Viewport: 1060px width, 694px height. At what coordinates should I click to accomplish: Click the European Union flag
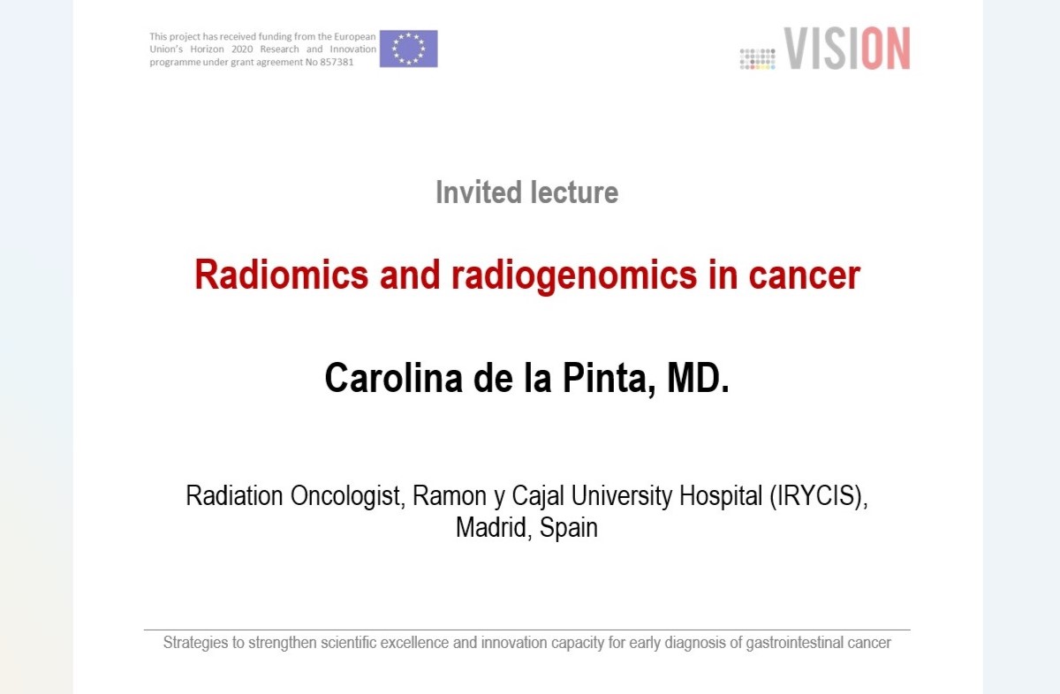(x=408, y=49)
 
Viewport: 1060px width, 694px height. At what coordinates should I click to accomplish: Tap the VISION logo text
(x=847, y=49)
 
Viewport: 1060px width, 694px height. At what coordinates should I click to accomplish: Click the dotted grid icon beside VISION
(x=758, y=59)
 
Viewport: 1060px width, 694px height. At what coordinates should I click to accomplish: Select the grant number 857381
(x=337, y=62)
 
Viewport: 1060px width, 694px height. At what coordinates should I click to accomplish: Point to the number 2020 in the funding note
(x=242, y=49)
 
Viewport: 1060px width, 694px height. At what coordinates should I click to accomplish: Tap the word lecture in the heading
(x=574, y=192)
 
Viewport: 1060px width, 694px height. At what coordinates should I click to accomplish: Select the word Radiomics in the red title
(x=282, y=275)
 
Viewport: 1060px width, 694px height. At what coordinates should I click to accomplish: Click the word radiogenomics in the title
(x=574, y=276)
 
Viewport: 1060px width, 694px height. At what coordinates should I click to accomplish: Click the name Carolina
(x=394, y=378)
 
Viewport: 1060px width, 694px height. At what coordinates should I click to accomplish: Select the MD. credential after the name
(x=698, y=378)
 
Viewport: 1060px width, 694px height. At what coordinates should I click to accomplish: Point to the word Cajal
(x=538, y=496)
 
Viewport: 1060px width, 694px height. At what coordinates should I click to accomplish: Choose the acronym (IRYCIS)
(x=819, y=496)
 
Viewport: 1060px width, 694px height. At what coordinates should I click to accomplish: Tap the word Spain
(x=568, y=528)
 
